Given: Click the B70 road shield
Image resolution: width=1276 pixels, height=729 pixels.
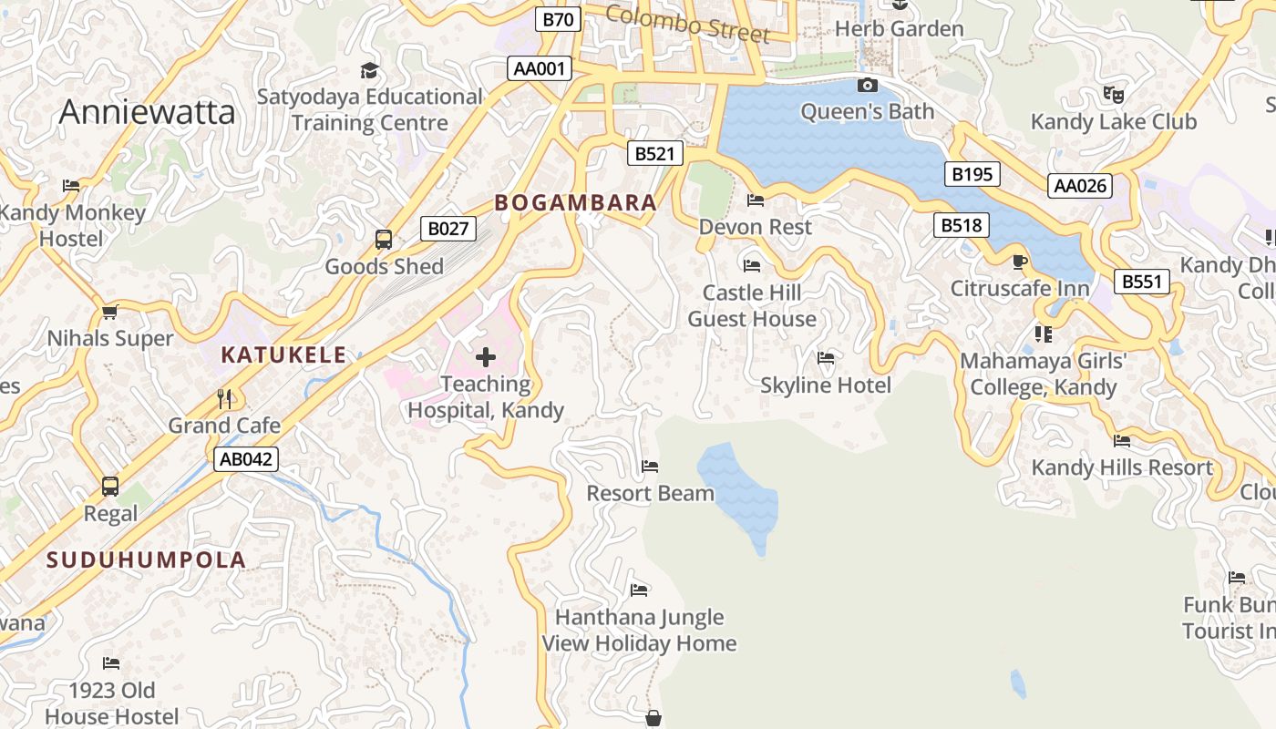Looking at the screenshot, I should tap(558, 19).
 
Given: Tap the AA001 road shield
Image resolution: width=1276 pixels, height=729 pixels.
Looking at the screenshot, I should tap(540, 68).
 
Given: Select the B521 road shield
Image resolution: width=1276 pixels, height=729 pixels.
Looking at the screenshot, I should tap(655, 153).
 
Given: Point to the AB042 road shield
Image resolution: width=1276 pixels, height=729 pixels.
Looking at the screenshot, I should tap(246, 458).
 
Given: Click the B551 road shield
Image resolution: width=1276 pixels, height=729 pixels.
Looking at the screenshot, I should tap(1141, 282).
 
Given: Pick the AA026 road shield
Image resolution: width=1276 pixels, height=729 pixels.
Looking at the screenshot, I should tap(1079, 186).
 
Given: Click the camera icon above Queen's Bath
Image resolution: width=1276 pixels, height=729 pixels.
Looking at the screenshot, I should tap(868, 86).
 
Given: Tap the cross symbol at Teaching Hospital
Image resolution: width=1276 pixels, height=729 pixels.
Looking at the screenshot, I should tap(486, 357).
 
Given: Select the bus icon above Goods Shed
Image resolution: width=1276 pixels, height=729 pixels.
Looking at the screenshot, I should tap(384, 240).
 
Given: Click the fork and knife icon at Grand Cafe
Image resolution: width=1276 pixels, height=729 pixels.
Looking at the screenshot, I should tap(224, 398).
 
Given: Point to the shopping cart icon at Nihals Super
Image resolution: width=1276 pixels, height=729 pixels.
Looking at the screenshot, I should tap(110, 312).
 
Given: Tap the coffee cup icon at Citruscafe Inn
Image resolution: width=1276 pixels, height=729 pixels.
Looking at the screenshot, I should tap(1020, 262).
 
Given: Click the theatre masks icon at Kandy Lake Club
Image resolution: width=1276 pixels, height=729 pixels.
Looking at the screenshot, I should tap(1113, 94).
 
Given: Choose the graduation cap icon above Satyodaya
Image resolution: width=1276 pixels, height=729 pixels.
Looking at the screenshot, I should tap(369, 70).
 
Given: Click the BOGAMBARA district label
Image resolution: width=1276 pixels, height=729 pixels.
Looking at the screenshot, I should tap(576, 203).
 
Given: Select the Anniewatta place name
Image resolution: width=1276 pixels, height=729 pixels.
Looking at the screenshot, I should tap(147, 112).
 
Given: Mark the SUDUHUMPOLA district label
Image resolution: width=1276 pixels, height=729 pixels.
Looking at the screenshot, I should tap(147, 560).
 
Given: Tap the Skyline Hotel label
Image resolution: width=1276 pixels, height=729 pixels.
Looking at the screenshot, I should tap(826, 385).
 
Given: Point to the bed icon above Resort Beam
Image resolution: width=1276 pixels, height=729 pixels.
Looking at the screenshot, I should tap(650, 467).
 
